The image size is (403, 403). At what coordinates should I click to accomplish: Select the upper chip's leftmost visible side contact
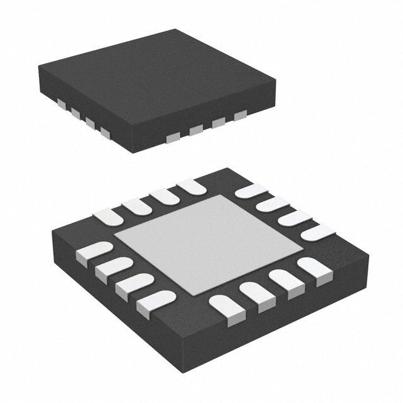coord(61,101)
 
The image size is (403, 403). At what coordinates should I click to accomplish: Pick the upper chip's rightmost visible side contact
coord(240,116)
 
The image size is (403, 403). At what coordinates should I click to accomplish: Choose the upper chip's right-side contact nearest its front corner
coord(171,137)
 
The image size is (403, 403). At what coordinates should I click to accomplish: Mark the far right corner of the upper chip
coord(276,79)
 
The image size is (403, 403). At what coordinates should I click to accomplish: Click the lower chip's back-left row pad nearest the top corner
coord(190,186)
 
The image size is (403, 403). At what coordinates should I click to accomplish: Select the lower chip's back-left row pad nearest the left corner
coord(106,217)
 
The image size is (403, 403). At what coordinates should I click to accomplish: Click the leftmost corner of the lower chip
coord(50,236)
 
